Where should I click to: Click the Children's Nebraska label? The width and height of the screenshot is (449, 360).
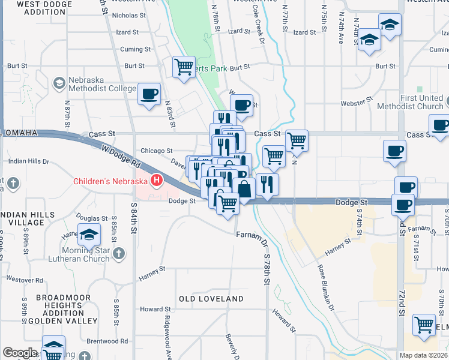[x=111, y=181]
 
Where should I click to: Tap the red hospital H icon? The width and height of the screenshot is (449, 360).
[x=157, y=180]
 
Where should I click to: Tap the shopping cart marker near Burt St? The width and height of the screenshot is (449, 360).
[x=183, y=66]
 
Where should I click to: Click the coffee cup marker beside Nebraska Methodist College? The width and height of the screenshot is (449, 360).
[x=149, y=94]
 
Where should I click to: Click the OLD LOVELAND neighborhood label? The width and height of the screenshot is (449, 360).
[x=211, y=299]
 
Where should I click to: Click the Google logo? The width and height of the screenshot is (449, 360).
[x=20, y=353]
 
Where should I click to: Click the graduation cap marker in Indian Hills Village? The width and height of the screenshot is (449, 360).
[x=89, y=235]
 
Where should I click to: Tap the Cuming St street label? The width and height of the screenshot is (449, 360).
[x=131, y=49]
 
